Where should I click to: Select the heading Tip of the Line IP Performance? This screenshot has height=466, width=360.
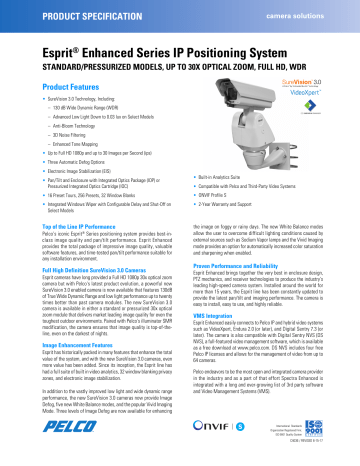(x=62, y=256)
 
